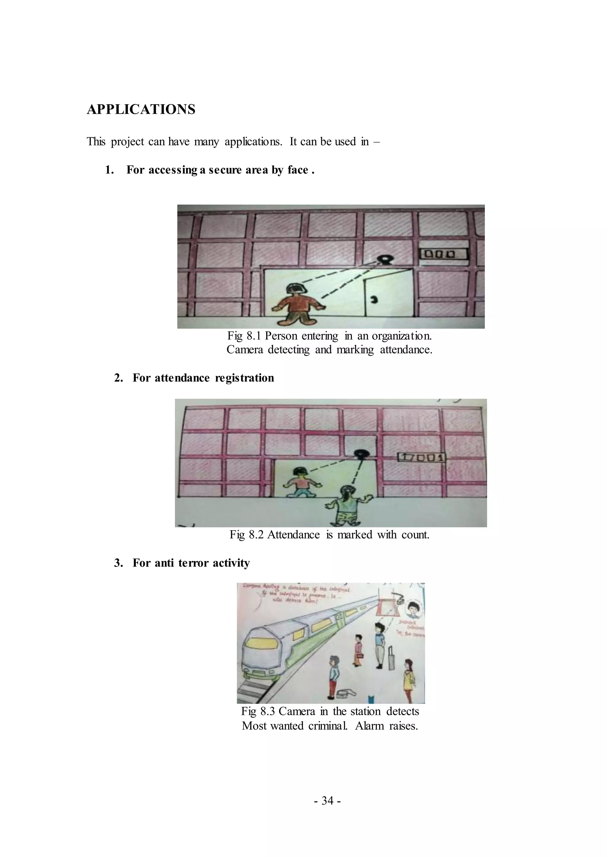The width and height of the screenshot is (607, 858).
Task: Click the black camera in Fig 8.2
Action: click(x=361, y=453)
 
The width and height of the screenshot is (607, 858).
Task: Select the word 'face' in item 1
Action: click(x=298, y=170)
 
